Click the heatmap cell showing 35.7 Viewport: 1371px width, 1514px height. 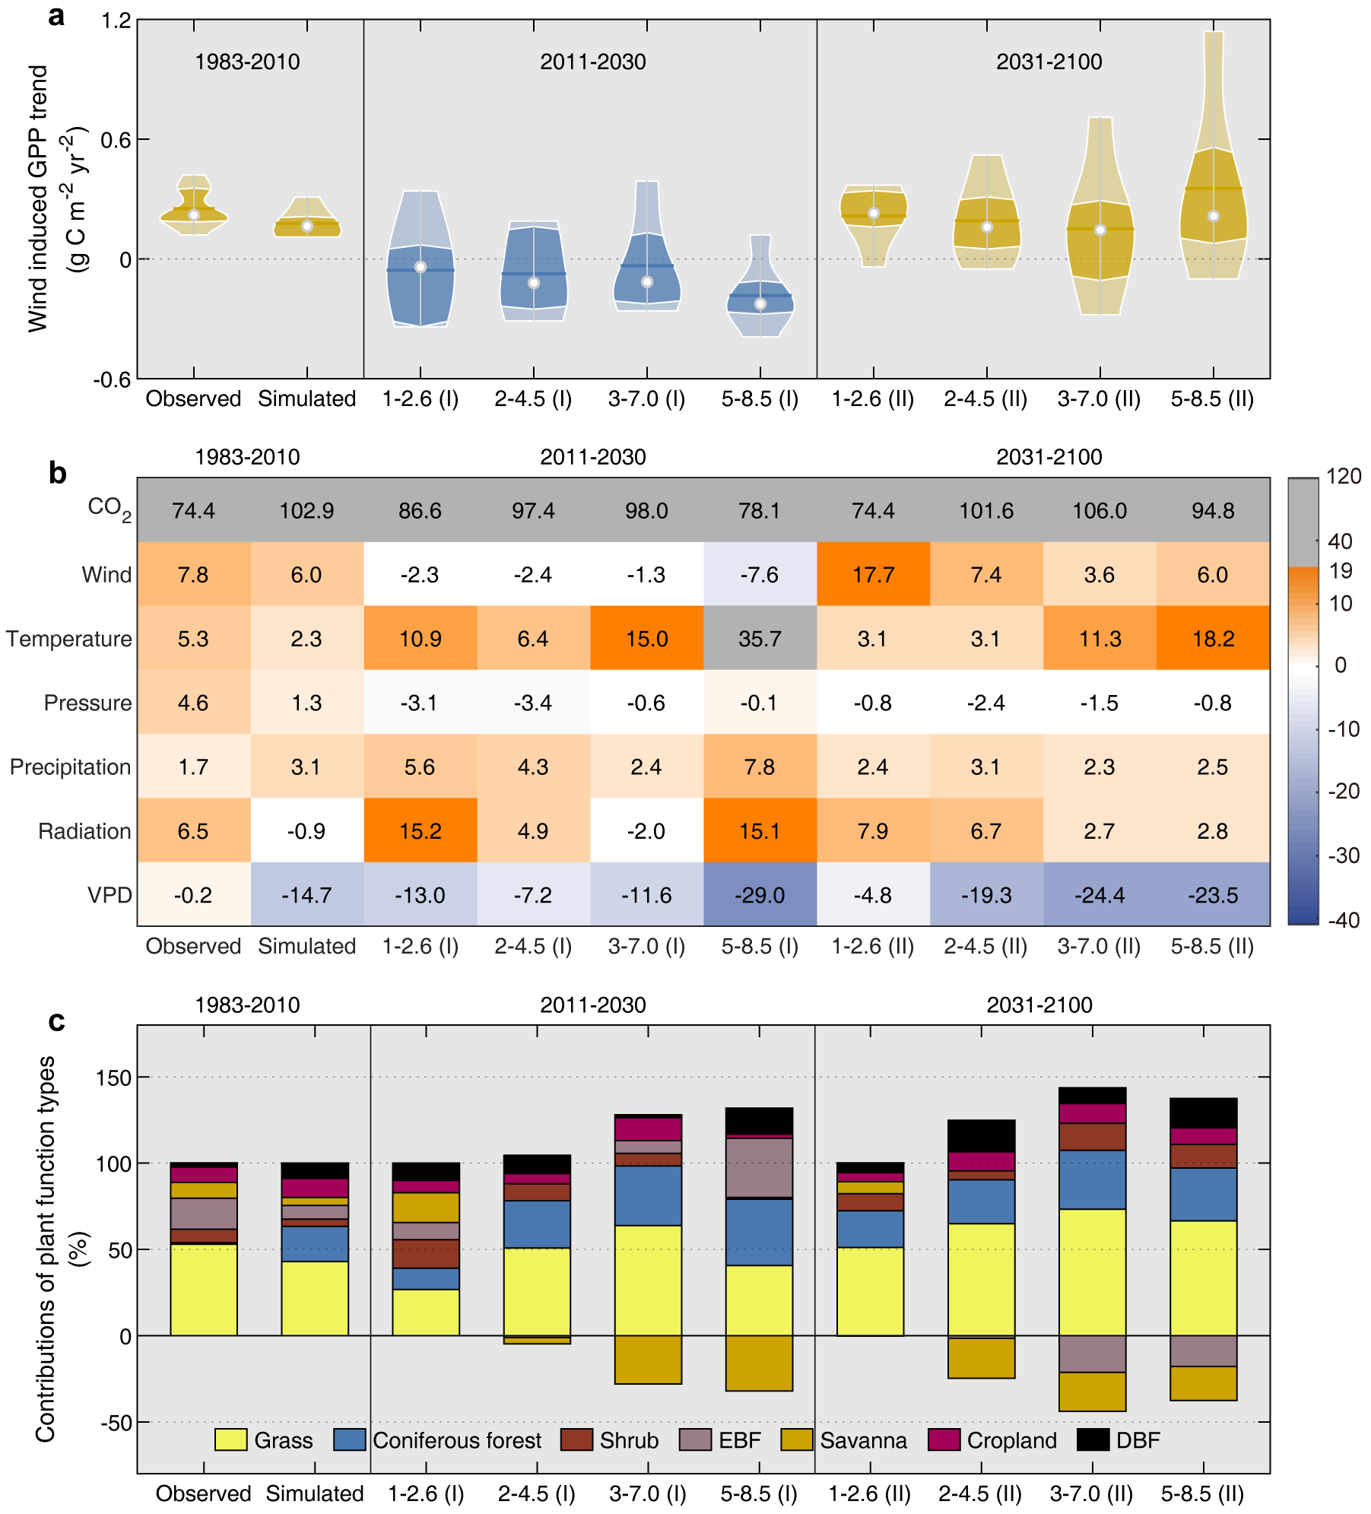click(x=760, y=639)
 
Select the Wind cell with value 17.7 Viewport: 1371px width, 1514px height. click(x=873, y=575)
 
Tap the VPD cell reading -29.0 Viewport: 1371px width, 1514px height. click(x=760, y=895)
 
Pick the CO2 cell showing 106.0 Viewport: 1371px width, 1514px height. click(x=1100, y=511)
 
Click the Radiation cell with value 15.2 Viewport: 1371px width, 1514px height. click(x=421, y=831)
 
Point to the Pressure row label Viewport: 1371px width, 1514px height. click(x=87, y=703)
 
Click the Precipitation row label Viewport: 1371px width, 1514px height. click(x=70, y=767)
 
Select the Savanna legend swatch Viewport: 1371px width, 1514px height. click(x=797, y=1439)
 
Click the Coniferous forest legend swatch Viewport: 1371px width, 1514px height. click(x=350, y=1439)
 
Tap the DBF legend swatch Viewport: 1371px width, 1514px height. click(x=1093, y=1439)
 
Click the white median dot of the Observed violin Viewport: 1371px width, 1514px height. click(x=194, y=215)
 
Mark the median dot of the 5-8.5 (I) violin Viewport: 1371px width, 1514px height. click(x=760, y=304)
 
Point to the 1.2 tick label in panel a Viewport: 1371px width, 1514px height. click(x=116, y=21)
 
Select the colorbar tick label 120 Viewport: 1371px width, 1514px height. click(x=1344, y=477)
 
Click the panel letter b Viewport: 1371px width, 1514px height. click(x=58, y=474)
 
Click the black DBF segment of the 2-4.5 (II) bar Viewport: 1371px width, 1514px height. click(x=981, y=1136)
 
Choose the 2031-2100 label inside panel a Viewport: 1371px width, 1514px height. click(x=1049, y=62)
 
